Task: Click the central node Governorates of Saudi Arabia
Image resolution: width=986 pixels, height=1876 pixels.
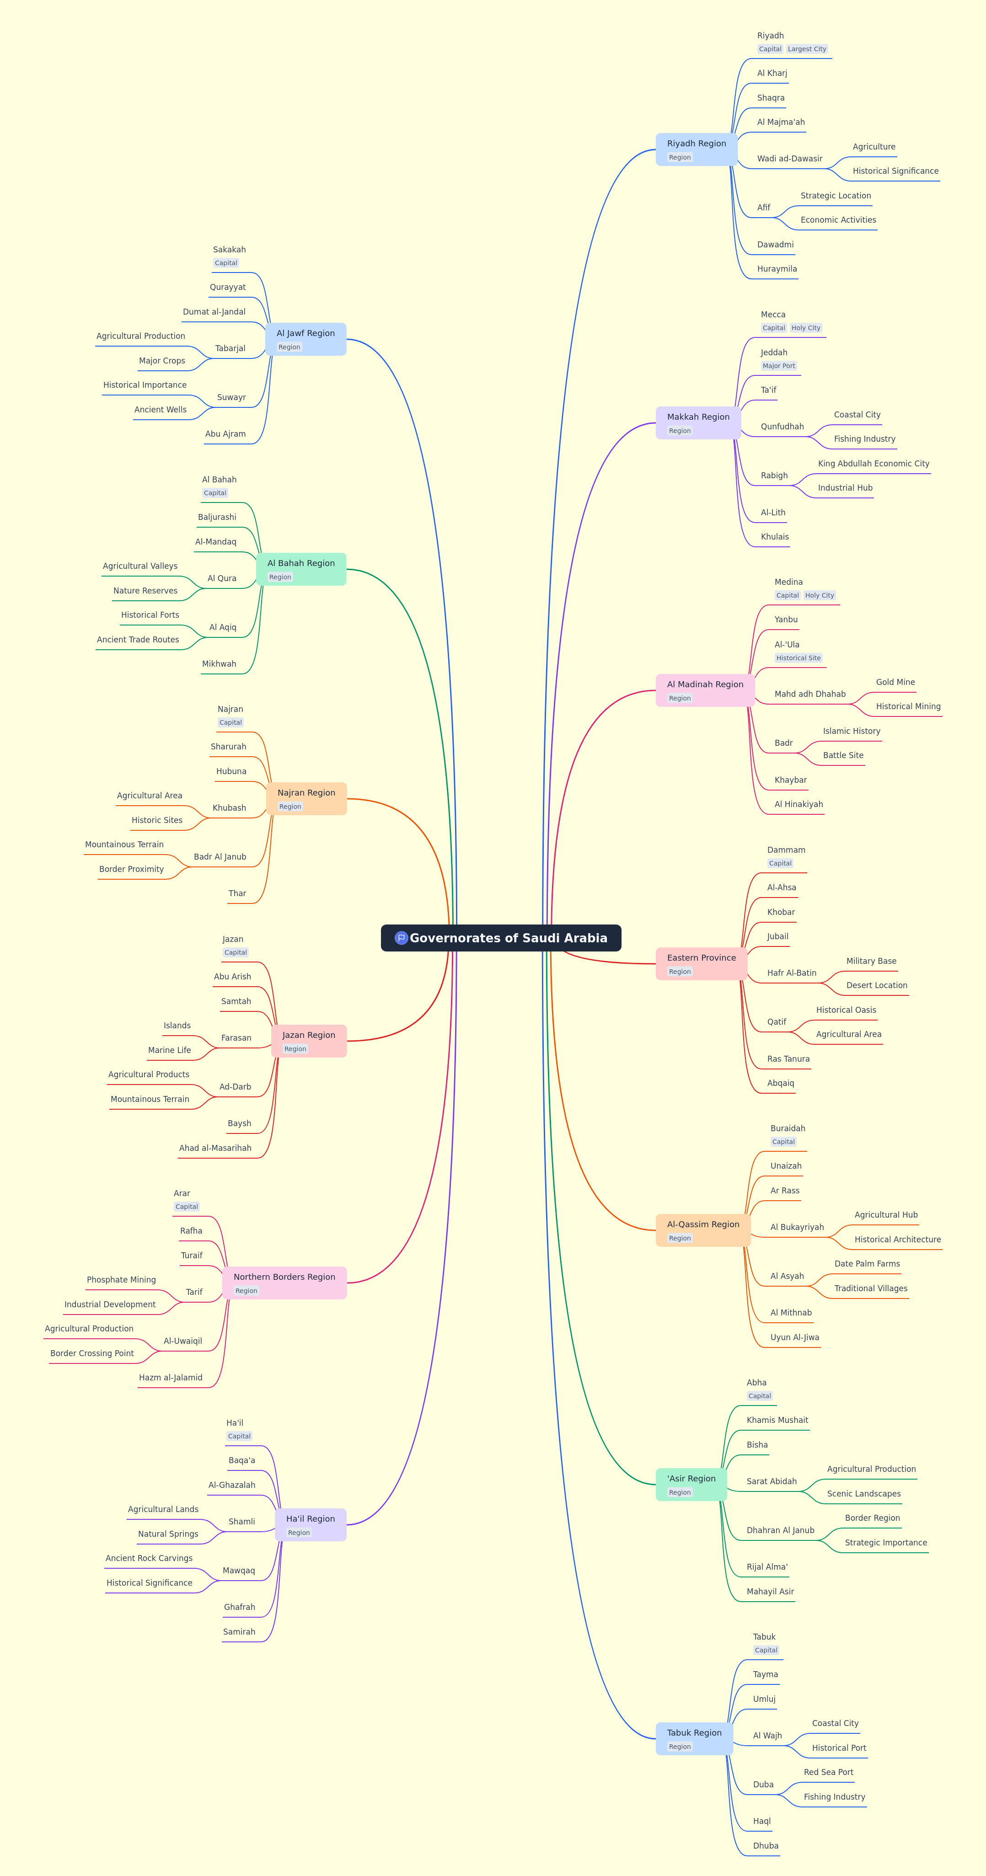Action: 501,938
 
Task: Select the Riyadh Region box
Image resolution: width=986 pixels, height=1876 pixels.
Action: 696,150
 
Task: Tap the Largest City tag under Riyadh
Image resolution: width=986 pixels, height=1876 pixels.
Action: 807,49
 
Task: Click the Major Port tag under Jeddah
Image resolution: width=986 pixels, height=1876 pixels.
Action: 778,366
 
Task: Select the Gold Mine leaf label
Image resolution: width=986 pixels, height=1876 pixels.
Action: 895,682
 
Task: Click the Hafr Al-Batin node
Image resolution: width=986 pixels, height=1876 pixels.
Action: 792,973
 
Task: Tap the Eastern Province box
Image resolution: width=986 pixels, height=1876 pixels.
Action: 701,963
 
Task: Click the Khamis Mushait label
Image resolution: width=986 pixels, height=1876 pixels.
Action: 777,1420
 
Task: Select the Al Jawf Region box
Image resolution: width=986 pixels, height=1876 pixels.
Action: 305,339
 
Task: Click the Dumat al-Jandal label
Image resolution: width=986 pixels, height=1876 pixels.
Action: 214,312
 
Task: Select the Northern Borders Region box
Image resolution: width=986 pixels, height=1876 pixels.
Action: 284,1283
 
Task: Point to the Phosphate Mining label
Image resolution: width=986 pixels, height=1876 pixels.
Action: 121,1280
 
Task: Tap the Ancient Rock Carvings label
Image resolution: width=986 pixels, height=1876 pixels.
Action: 149,1559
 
